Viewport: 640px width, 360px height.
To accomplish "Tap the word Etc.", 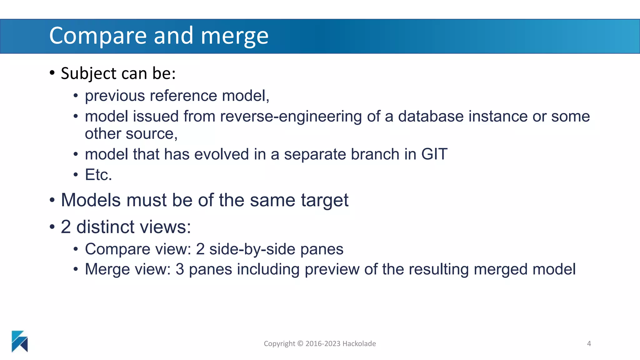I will coord(98,175).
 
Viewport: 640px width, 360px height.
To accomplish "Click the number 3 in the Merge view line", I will coord(180,269).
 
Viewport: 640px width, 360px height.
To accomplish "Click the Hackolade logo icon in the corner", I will coord(20,341).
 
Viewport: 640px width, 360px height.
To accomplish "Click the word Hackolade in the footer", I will coord(359,344).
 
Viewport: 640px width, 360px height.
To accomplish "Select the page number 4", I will coord(589,344).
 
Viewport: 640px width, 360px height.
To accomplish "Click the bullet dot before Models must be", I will coord(52,200).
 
